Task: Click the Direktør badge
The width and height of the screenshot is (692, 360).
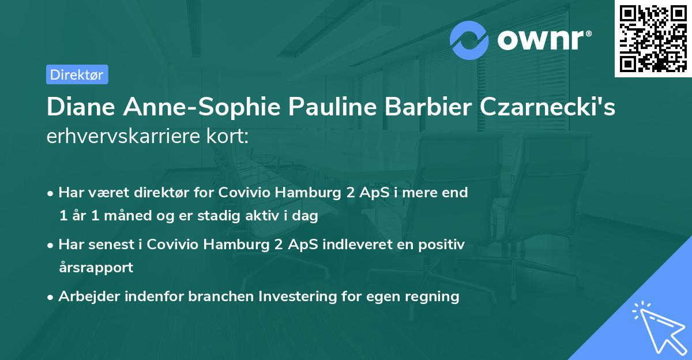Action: [77, 74]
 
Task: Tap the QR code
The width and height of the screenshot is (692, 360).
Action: [653, 38]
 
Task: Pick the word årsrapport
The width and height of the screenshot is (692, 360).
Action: [96, 268]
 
